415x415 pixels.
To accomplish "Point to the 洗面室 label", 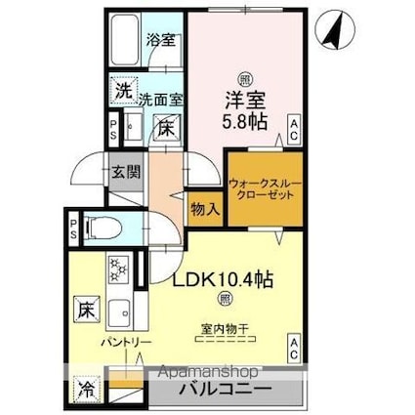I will [158, 98].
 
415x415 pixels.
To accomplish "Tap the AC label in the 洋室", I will [293, 124].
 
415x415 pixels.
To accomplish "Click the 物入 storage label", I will [205, 209].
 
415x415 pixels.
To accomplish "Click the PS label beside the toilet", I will [73, 231].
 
